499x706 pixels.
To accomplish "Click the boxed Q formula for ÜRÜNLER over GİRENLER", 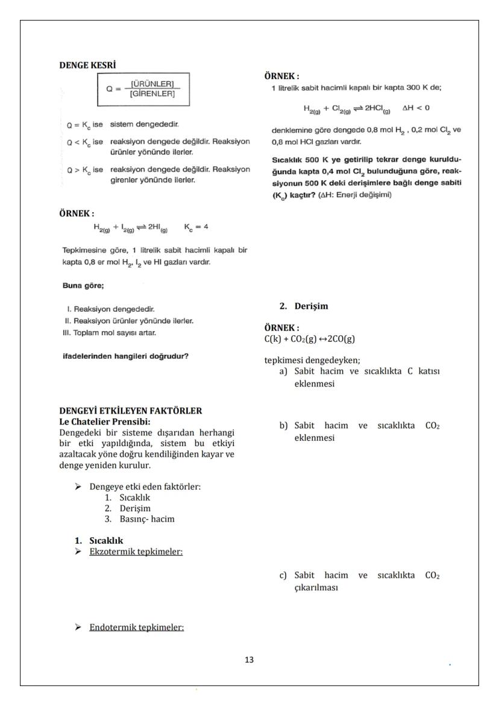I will click(143, 89).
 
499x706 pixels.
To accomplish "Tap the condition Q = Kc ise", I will click(84, 125).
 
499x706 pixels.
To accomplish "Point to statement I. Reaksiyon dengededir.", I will click(111, 309).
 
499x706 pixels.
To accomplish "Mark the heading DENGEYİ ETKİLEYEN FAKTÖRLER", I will click(130, 411).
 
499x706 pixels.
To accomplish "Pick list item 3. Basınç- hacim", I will click(139, 518).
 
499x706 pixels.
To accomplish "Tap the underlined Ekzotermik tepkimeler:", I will click(136, 551).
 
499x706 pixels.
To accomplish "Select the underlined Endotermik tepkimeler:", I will click(136, 627).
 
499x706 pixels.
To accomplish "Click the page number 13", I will click(249, 660).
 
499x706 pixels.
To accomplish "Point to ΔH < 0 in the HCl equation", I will click(416, 109).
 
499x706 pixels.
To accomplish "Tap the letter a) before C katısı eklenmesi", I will click(283, 371).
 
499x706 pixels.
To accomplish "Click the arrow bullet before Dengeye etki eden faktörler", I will click(78, 487).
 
